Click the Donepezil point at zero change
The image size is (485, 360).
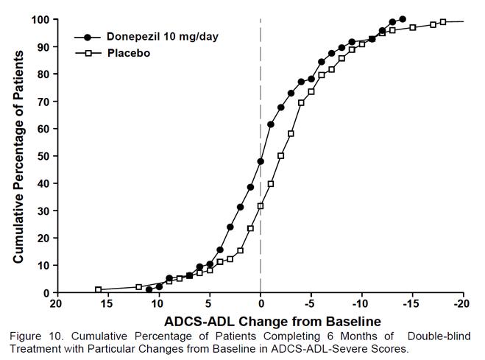tap(261, 161)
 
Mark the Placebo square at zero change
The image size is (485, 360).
tap(261, 206)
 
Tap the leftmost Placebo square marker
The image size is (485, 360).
tap(98, 289)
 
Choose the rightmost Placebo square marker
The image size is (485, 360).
tap(443, 22)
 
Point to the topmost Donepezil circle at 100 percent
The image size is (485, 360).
tap(402, 19)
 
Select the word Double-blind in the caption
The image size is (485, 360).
tap(439, 337)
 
